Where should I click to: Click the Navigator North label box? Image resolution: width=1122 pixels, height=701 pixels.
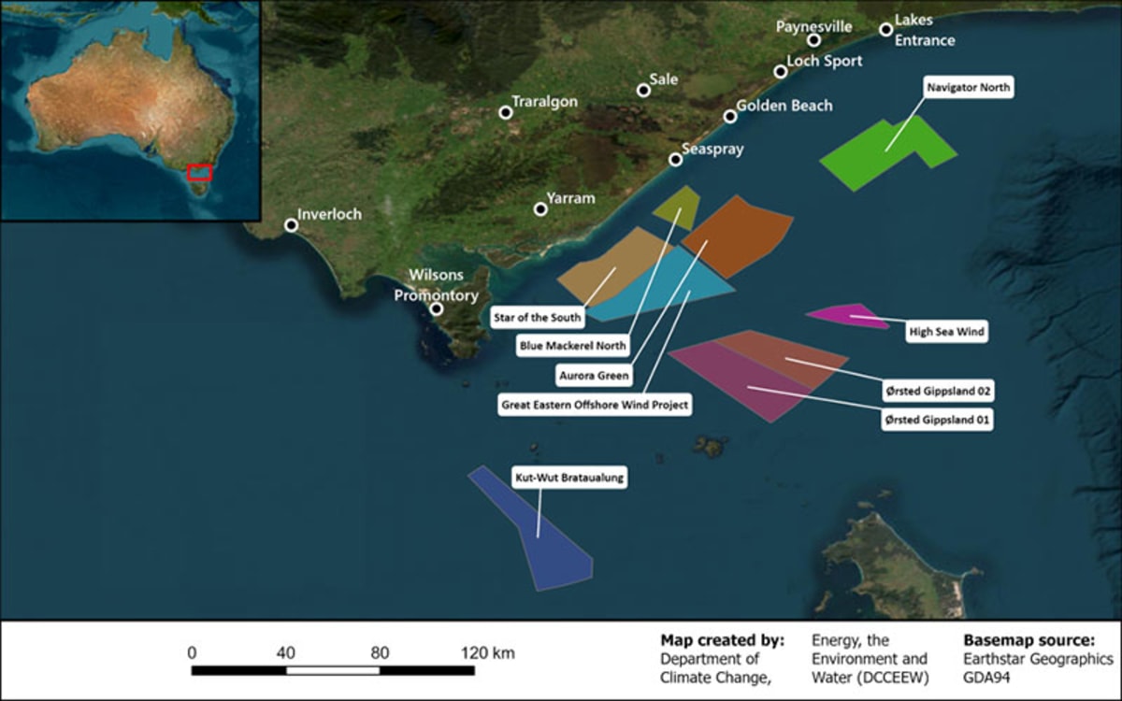(x=969, y=88)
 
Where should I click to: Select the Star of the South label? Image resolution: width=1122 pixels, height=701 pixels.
(x=537, y=318)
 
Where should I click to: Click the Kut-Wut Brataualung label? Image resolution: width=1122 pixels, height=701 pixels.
(x=568, y=478)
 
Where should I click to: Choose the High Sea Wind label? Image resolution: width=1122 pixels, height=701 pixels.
(x=947, y=331)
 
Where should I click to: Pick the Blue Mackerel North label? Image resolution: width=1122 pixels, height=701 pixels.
(x=573, y=346)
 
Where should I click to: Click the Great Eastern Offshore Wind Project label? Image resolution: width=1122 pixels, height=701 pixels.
(x=596, y=406)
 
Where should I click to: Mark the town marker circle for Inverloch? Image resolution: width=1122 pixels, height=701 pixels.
(x=292, y=225)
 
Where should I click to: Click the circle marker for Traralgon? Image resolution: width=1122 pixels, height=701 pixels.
(x=506, y=113)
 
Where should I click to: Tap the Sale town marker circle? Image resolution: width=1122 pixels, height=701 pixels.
(x=643, y=91)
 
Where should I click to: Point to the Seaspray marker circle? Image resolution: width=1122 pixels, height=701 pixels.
(x=676, y=160)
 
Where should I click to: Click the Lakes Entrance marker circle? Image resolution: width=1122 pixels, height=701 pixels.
(x=886, y=30)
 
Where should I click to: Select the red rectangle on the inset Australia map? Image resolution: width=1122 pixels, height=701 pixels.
(x=199, y=172)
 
